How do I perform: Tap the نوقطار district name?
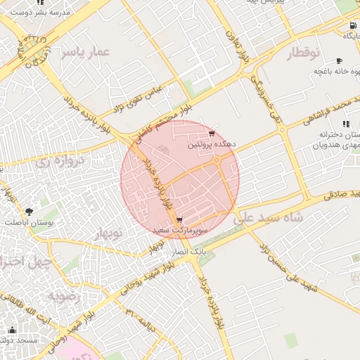pos(304,53)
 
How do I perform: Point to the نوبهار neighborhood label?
pos(107,232)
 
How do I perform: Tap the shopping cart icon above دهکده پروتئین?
pos(212,134)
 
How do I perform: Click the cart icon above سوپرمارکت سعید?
pos(180,220)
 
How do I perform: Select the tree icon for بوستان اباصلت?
pos(29,211)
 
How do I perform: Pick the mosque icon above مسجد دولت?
pos(11,330)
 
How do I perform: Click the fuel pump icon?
pos(351,34)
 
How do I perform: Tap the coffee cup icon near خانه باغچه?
pos(340,61)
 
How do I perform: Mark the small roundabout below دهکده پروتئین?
pos(217,161)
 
